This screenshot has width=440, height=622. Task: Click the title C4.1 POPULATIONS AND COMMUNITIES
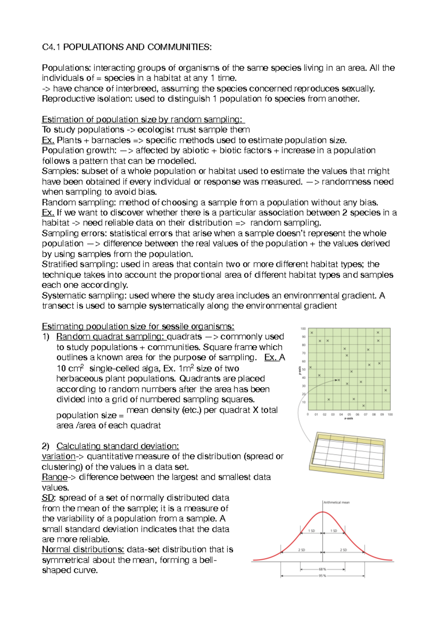pyautogui.click(x=126, y=47)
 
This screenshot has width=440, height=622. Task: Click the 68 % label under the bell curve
pyautogui.click(x=322, y=569)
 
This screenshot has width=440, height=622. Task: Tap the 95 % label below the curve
pyautogui.click(x=322, y=576)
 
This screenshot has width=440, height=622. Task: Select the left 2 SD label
pyautogui.click(x=301, y=550)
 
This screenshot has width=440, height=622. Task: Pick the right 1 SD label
pyautogui.click(x=334, y=531)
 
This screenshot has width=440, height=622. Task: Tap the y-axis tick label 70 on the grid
pyautogui.click(x=304, y=353)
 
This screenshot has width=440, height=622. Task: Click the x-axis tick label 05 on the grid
pyautogui.click(x=349, y=414)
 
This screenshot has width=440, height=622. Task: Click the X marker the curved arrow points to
pyautogui.click(x=339, y=380)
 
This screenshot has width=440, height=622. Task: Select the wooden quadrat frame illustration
pyautogui.click(x=347, y=455)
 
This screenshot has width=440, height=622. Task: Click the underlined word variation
pyautogui.click(x=59, y=456)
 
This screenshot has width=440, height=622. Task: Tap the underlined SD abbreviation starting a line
pyautogui.click(x=48, y=498)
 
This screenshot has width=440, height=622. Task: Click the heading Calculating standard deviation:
pyautogui.click(x=117, y=446)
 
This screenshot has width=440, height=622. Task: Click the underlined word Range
pyautogui.click(x=55, y=477)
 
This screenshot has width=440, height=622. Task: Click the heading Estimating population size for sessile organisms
pyautogui.click(x=138, y=326)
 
